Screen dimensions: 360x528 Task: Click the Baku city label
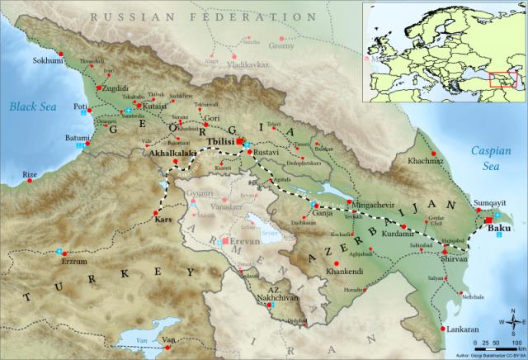point(501,228)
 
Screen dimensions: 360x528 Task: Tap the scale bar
point(493,341)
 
